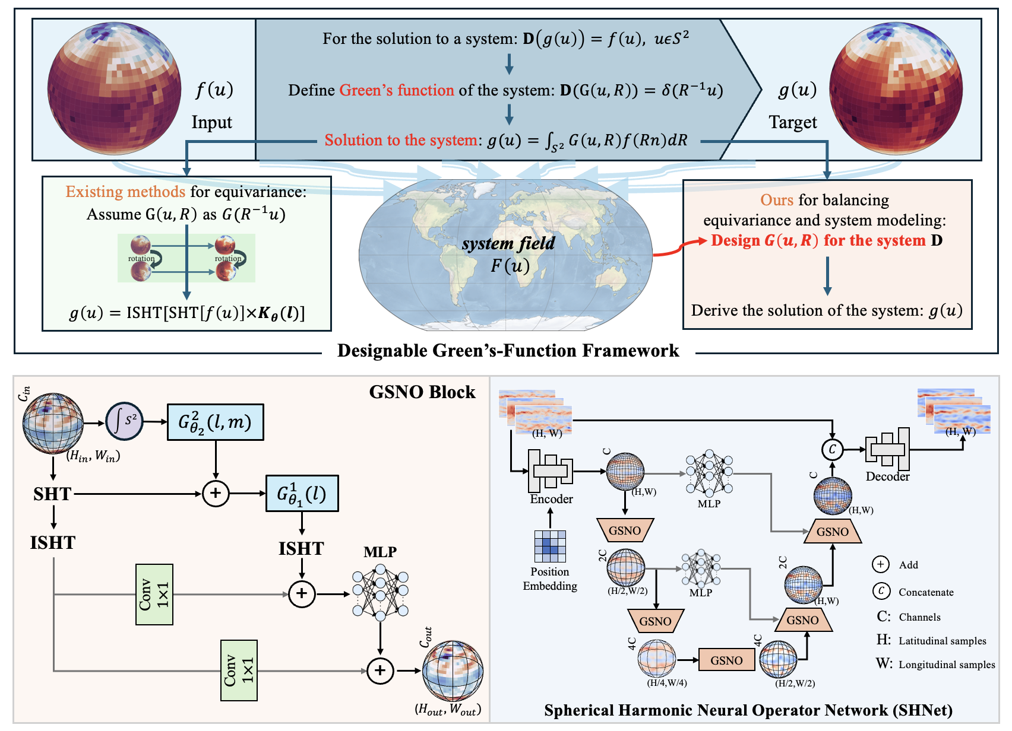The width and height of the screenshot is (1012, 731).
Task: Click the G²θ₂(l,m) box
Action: pyautogui.click(x=215, y=422)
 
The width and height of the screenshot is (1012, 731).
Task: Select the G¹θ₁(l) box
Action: pyautogui.click(x=302, y=494)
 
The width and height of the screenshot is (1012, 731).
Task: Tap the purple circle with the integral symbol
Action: pyautogui.click(x=125, y=422)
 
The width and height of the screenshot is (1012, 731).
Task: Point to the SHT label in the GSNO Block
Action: pyautogui.click(x=52, y=494)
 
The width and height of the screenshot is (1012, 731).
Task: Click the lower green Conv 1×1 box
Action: pyautogui.click(x=239, y=670)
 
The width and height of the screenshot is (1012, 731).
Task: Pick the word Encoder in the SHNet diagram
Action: pyautogui.click(x=551, y=499)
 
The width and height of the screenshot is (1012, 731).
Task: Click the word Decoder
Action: pyautogui.click(x=887, y=476)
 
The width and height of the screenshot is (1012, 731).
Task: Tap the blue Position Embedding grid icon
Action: pyautogui.click(x=550, y=546)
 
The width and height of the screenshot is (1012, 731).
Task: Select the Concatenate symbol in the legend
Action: pyautogui.click(x=881, y=591)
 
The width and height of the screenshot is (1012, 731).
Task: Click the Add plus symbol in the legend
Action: pyautogui.click(x=880, y=564)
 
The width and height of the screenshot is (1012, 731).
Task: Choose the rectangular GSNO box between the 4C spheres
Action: pyautogui.click(x=726, y=660)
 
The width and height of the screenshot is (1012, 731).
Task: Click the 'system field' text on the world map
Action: pyautogui.click(x=508, y=243)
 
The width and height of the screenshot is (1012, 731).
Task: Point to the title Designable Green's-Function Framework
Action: pyautogui.click(x=508, y=351)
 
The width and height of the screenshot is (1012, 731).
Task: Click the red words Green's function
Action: pyautogui.click(x=396, y=90)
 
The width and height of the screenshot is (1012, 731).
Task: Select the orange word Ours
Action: pyautogui.click(x=777, y=200)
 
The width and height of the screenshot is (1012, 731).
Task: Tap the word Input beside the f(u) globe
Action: pyautogui.click(x=211, y=122)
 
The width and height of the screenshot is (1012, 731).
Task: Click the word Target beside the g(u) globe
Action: pyautogui.click(x=793, y=122)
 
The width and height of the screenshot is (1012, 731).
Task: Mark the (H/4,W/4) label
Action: pyautogui.click(x=666, y=683)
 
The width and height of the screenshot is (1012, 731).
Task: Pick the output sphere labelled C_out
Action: pyautogui.click(x=453, y=671)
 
